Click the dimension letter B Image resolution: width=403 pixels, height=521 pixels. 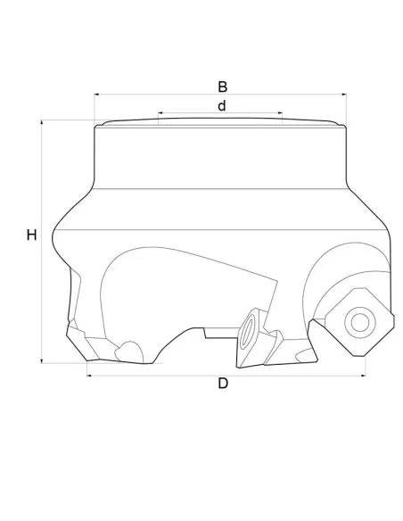(223, 87)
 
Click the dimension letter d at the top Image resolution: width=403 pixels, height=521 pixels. (221, 105)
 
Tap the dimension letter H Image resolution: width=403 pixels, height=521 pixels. (31, 236)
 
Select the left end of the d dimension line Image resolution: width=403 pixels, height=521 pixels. (159, 113)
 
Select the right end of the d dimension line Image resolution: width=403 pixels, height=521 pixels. (284, 113)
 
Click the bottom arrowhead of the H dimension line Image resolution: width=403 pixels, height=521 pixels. (42, 362)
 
